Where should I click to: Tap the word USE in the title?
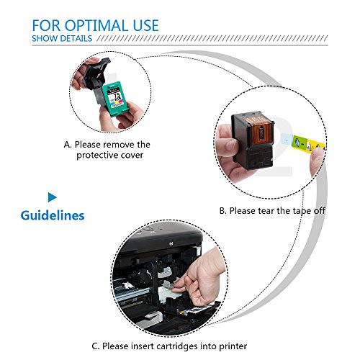(146, 25)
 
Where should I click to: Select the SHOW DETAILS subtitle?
(62, 38)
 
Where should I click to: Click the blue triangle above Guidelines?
(53, 197)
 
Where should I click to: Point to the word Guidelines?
(53, 215)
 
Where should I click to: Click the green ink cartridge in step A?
(115, 99)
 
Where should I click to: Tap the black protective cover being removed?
(96, 77)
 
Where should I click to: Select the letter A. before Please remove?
(68, 145)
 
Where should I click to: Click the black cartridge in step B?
(253, 140)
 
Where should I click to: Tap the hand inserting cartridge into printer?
(202, 279)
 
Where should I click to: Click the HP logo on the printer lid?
(171, 244)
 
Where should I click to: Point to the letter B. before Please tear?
(223, 211)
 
